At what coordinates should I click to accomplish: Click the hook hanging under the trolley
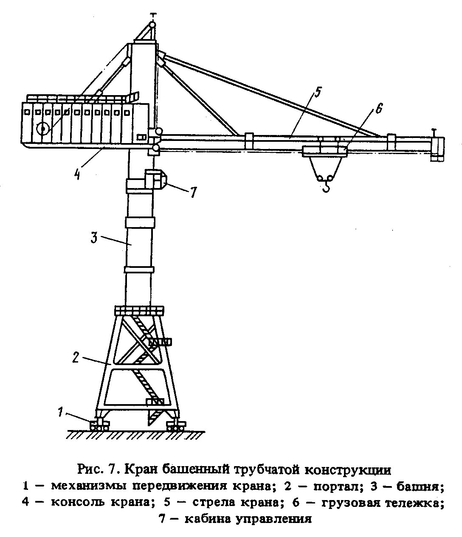[x=326, y=186]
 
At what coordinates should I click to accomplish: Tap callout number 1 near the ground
[x=61, y=411]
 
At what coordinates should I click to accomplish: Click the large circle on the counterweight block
[x=43, y=129]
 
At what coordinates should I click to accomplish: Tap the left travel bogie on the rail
[x=99, y=425]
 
